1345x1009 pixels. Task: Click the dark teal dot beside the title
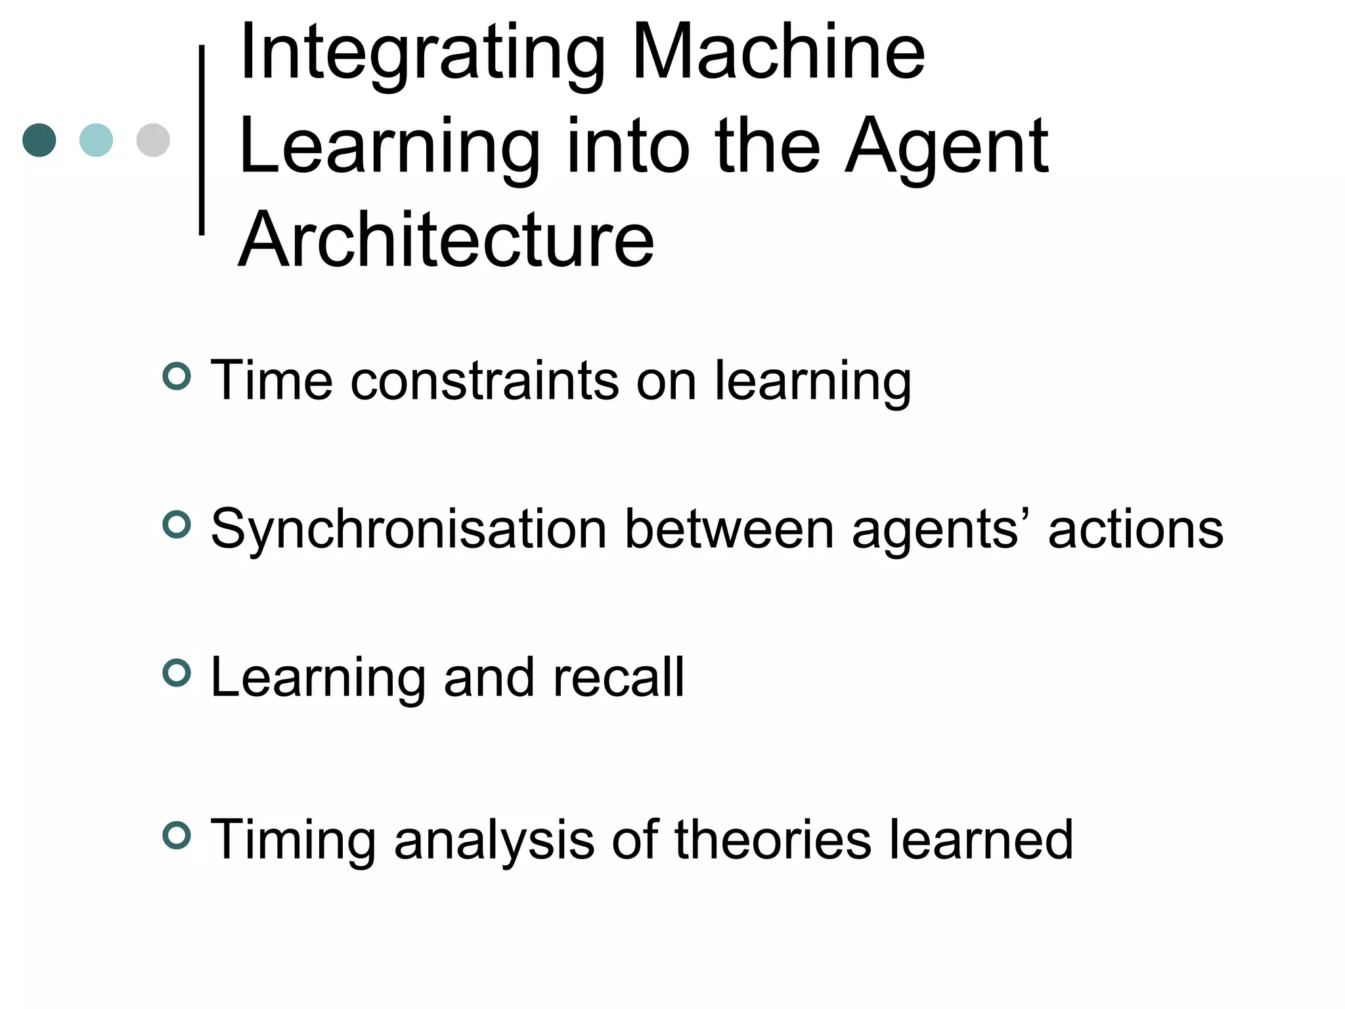[x=39, y=140]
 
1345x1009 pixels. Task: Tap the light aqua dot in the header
[x=96, y=140]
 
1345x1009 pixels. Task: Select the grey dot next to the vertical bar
[x=153, y=140]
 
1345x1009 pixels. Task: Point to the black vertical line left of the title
[x=202, y=140]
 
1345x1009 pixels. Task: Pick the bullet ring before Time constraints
[x=177, y=376]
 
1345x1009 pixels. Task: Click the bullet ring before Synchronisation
[x=177, y=524]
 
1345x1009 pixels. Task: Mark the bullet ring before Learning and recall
[x=177, y=673]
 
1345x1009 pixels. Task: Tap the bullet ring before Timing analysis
[x=177, y=835]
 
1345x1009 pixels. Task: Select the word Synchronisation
[x=408, y=529]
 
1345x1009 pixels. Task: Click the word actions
[x=1136, y=529]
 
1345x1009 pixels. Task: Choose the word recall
[x=619, y=677]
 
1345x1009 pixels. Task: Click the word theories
[x=773, y=840]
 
